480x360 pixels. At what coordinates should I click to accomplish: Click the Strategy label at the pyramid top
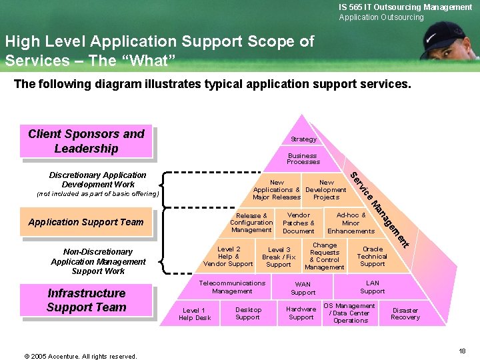pyautogui.click(x=303, y=139)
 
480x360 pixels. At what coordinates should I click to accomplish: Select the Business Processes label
pyautogui.click(x=303, y=159)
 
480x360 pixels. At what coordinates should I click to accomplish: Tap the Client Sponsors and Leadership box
pyautogui.click(x=86, y=141)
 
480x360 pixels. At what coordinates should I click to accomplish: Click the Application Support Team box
pyautogui.click(x=86, y=222)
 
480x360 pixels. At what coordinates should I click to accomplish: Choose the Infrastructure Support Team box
pyautogui.click(x=86, y=300)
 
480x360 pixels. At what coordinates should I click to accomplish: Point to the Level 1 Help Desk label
pyautogui.click(x=194, y=314)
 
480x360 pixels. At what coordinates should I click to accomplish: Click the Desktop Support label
pyautogui.click(x=248, y=313)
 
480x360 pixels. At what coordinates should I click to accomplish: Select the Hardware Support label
pyautogui.click(x=301, y=313)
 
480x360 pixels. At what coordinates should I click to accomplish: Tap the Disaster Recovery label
pyautogui.click(x=405, y=313)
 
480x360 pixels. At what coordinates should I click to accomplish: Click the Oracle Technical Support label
pyautogui.click(x=372, y=257)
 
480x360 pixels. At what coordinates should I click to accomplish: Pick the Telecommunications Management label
pyautogui.click(x=232, y=287)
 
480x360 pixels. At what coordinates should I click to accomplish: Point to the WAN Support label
pyautogui.click(x=303, y=288)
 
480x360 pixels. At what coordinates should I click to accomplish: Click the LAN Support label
pyautogui.click(x=372, y=287)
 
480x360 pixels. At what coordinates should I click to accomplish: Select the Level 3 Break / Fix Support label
pyautogui.click(x=279, y=257)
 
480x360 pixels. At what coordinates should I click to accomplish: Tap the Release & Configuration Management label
pyautogui.click(x=251, y=223)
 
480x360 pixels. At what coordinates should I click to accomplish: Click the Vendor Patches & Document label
pyautogui.click(x=298, y=223)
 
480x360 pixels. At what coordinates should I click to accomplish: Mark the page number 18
pyautogui.click(x=462, y=351)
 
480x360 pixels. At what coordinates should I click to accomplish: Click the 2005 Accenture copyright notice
pyautogui.click(x=81, y=356)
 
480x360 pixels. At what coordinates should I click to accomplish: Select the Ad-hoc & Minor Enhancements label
pyautogui.click(x=351, y=223)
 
